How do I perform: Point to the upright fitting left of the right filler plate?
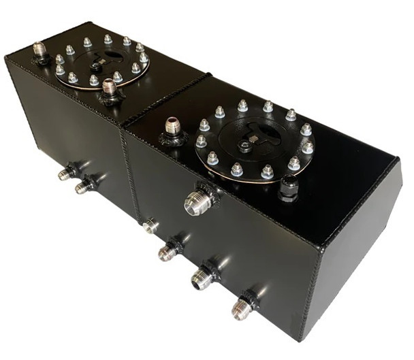click(172, 129)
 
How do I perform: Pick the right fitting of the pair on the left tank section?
click(84, 186)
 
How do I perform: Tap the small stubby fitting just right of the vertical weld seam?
click(150, 225)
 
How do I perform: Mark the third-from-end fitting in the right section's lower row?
click(168, 252)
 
